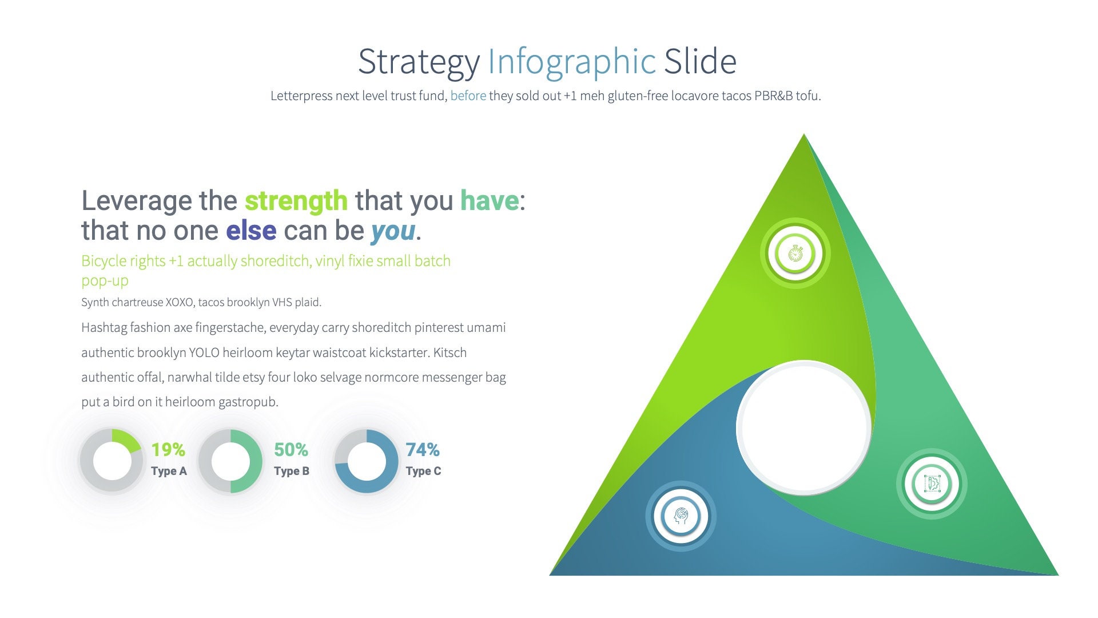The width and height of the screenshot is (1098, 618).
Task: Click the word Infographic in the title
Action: pos(571,61)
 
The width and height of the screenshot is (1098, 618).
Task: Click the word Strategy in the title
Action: pos(418,62)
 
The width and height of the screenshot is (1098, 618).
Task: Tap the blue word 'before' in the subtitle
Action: pos(468,96)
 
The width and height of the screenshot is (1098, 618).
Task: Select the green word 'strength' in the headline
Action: pos(296,201)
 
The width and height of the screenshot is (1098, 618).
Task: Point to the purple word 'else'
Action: pos(251,231)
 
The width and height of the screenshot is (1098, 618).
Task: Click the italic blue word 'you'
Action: pos(393,231)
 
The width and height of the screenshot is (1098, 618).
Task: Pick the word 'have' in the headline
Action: pos(490,201)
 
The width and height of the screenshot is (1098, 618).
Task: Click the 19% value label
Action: pos(168,450)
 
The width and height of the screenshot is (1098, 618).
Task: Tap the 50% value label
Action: pos(291,450)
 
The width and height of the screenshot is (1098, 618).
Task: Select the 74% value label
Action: pos(423,450)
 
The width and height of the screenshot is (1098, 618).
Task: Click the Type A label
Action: pos(169,471)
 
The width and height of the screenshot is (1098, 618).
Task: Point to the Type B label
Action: pos(292,471)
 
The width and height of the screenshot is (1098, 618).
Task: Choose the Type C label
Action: pos(424,471)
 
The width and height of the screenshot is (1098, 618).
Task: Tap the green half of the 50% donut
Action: pos(251,461)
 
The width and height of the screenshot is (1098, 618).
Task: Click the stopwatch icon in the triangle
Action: pos(795,253)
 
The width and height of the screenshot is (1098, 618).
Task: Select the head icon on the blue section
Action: pos(681,516)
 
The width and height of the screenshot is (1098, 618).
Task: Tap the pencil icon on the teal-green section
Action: pos(932,484)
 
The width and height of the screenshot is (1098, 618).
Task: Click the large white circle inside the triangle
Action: pos(803,427)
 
